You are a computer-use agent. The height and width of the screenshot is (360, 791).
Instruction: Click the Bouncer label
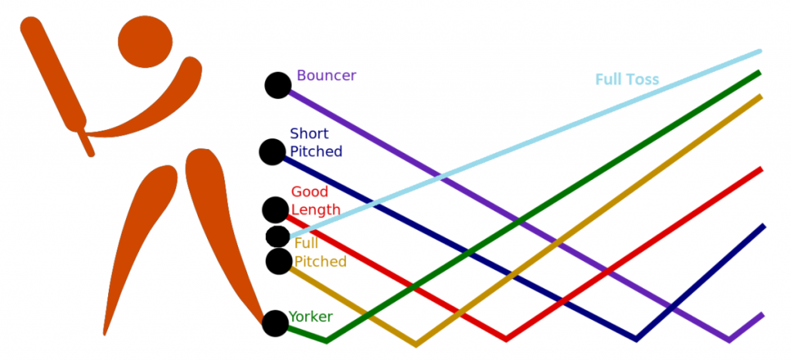pyautogui.click(x=326, y=76)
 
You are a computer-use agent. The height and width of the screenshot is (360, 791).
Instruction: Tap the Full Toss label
pyautogui.click(x=626, y=80)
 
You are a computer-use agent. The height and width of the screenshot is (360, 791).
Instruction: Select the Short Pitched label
pyautogui.click(x=316, y=143)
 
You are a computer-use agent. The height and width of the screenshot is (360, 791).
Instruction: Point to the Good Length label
pyautogui.click(x=315, y=201)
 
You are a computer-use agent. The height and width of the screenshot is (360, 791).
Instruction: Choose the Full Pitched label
pyautogui.click(x=320, y=253)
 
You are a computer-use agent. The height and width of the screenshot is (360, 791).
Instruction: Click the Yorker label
pyautogui.click(x=311, y=317)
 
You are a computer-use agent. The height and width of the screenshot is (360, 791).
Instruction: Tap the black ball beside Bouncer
pyautogui.click(x=278, y=86)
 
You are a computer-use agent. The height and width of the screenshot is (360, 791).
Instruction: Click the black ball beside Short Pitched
pyautogui.click(x=272, y=151)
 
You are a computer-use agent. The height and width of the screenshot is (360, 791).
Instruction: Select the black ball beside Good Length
pyautogui.click(x=275, y=209)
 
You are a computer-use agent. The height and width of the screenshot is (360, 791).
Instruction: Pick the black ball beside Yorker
pyautogui.click(x=275, y=323)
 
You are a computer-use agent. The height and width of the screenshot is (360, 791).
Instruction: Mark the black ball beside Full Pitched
pyautogui.click(x=278, y=262)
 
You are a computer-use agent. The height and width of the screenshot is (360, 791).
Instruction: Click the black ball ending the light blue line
pyautogui.click(x=277, y=236)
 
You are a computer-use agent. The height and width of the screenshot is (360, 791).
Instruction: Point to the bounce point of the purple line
pyautogui.click(x=728, y=339)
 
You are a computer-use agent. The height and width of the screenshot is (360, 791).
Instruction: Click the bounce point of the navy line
pyautogui.click(x=637, y=338)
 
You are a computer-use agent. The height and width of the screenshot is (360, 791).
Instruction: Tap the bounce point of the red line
pyautogui.click(x=506, y=338)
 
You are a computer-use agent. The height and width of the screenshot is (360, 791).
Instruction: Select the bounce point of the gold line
pyautogui.click(x=416, y=343)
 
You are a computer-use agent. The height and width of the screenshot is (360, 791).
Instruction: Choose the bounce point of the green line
pyautogui.click(x=326, y=340)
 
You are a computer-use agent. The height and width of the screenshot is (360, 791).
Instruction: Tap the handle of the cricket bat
pyautogui.click(x=86, y=142)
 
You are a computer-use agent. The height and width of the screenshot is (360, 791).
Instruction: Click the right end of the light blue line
pyautogui.click(x=759, y=52)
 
